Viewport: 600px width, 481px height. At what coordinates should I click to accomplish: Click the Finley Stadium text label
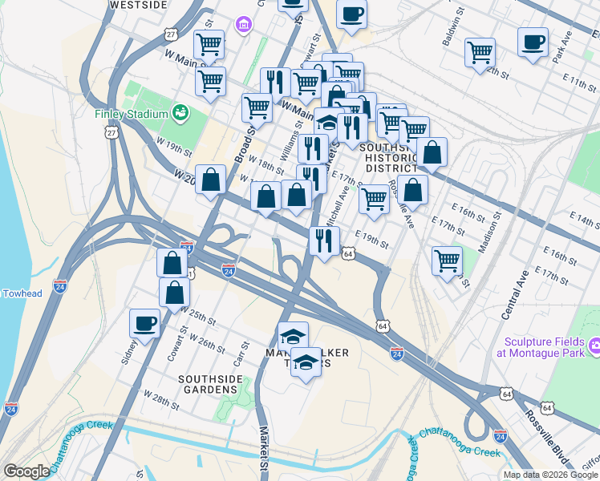[130, 113]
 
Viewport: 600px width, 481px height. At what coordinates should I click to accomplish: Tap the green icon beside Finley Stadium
[181, 113]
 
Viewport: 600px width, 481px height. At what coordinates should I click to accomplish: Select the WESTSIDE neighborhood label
[138, 5]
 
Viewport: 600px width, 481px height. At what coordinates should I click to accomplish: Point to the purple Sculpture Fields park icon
[594, 346]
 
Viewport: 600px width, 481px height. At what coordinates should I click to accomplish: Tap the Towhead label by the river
[22, 293]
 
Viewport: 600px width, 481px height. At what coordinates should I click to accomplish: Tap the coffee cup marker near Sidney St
[144, 322]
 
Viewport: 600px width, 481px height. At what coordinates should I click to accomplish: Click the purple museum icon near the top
[243, 26]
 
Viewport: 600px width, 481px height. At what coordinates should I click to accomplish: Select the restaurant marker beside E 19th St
[324, 240]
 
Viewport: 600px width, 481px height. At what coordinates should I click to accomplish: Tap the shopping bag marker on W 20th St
[210, 180]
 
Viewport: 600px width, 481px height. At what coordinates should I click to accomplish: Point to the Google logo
[26, 471]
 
